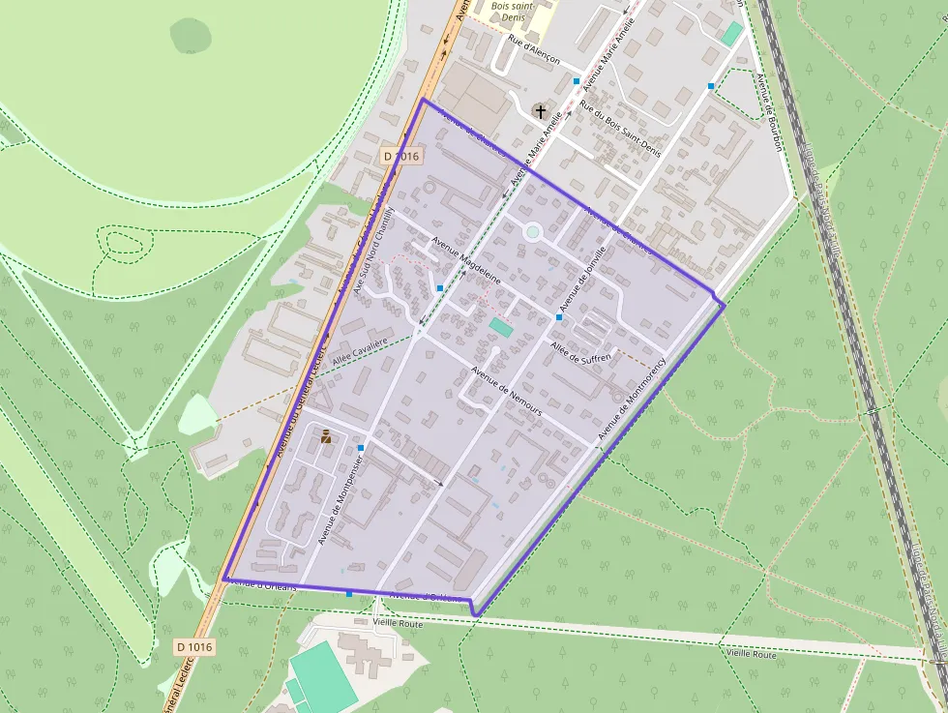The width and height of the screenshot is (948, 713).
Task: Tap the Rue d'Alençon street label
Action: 534,52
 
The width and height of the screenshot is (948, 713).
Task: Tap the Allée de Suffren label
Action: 580,352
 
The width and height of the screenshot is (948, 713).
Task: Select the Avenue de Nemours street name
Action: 506,391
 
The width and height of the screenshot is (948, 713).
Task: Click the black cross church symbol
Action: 540,112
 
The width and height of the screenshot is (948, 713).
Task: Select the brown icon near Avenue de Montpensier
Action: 326,436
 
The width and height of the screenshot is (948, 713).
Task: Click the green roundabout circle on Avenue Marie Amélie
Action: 532,231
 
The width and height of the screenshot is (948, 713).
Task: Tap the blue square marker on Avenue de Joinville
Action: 559,316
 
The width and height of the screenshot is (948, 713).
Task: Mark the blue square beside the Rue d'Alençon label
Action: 577,80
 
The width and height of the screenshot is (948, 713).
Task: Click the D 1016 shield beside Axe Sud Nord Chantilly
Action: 400,156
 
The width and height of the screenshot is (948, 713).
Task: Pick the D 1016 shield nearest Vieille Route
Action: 193,645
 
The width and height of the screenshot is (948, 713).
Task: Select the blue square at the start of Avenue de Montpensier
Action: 361,448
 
